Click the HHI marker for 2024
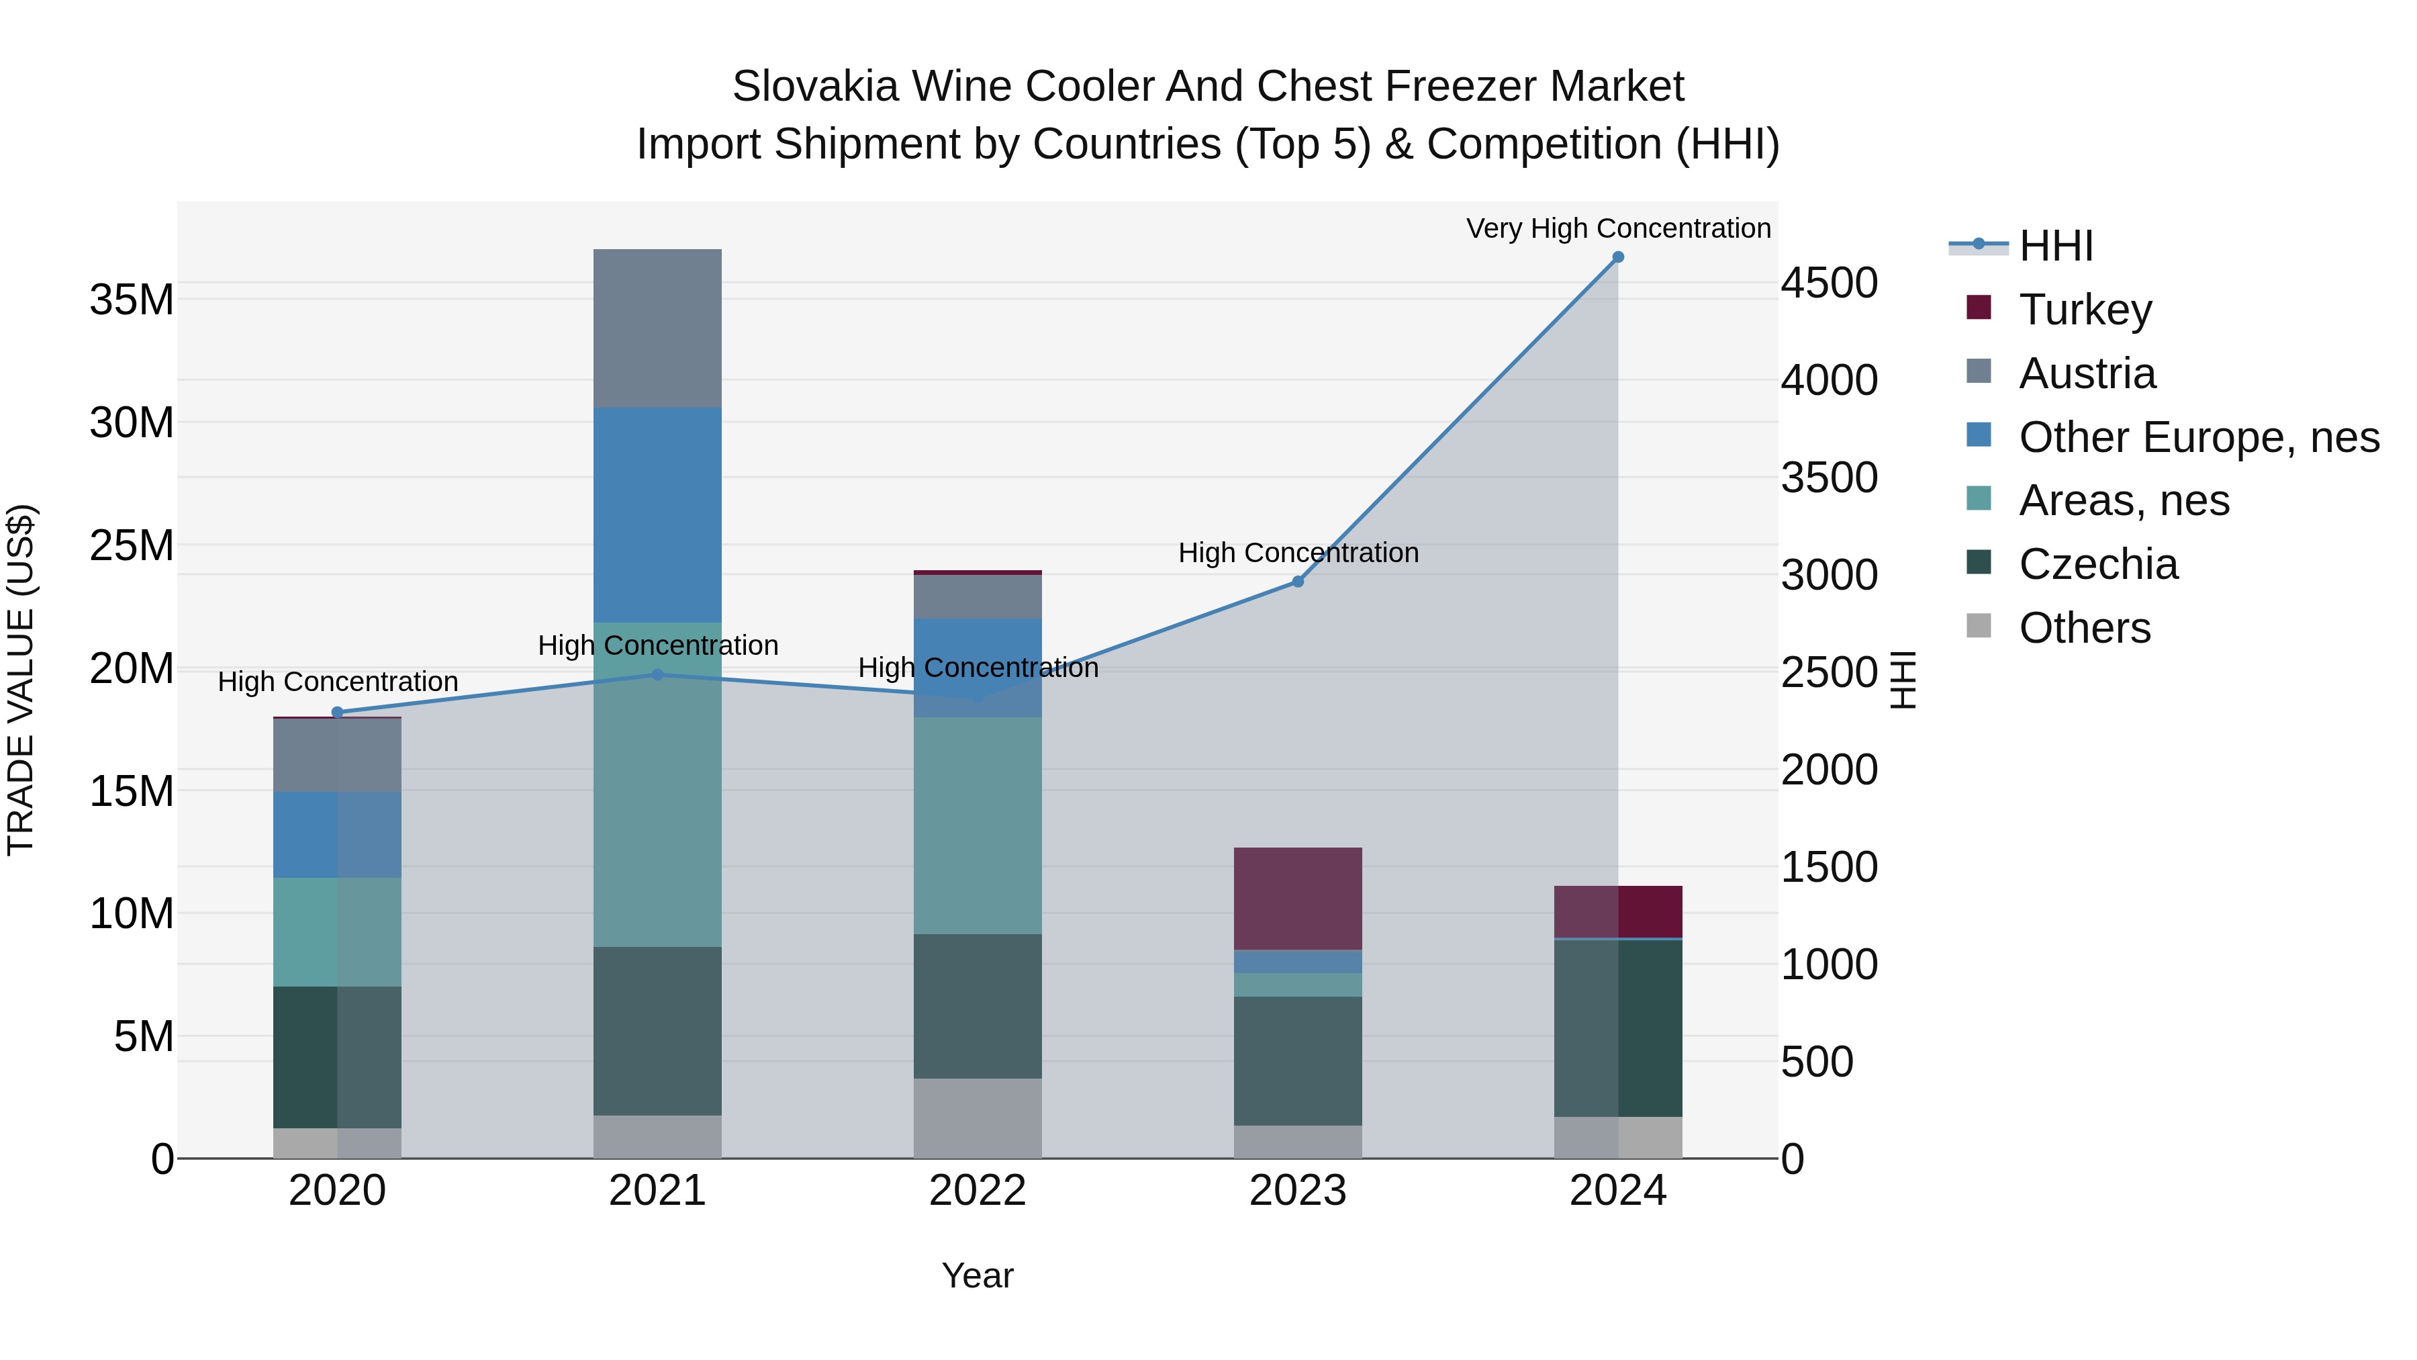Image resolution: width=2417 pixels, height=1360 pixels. tap(1617, 257)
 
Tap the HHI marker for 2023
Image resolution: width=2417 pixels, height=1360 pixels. tap(1298, 582)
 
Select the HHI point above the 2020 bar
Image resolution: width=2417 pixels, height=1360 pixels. tap(338, 713)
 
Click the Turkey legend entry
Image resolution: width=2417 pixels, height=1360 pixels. tap(2085, 310)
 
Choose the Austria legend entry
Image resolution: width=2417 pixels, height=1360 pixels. tap(2087, 373)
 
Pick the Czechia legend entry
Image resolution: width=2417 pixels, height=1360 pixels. tap(2098, 564)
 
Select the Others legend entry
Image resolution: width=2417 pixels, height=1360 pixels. tap(2084, 628)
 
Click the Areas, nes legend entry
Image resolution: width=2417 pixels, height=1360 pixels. tap(2124, 500)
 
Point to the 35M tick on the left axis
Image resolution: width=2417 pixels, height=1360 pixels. tap(132, 300)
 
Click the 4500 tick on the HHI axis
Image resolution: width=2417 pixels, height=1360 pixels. tap(1830, 283)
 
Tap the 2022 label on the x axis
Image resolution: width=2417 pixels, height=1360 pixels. tap(978, 1191)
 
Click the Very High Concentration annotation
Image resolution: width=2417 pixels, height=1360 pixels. tap(1617, 228)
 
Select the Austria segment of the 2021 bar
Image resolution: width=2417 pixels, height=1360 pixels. tap(658, 328)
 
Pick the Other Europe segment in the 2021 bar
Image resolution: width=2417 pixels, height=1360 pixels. tap(658, 514)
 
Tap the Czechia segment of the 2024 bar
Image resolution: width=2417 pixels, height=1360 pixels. tap(1617, 1028)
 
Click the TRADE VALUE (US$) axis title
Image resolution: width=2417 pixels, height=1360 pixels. tap(21, 680)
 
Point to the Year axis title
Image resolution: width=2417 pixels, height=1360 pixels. tap(978, 1275)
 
